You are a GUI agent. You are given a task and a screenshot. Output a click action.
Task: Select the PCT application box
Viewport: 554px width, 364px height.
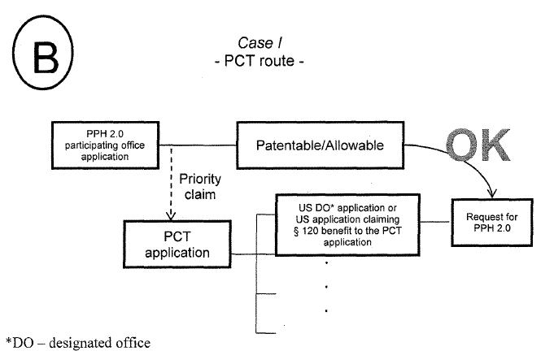click(167, 243)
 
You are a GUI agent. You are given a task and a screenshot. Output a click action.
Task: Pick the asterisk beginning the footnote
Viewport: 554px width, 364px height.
click(4, 340)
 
